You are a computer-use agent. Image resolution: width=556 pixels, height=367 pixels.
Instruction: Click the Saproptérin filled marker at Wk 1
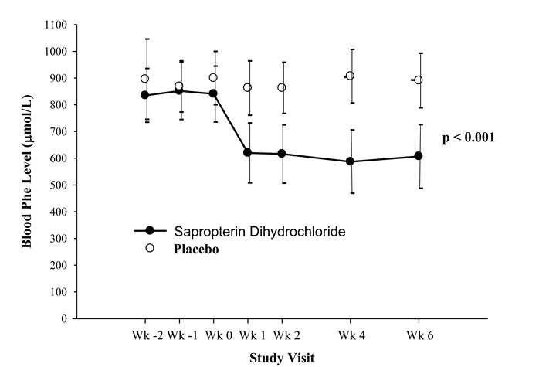pyautogui.click(x=248, y=152)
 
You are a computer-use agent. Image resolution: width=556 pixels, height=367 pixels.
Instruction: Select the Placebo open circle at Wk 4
pyautogui.click(x=350, y=76)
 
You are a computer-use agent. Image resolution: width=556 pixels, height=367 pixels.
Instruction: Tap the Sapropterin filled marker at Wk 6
pyautogui.click(x=419, y=156)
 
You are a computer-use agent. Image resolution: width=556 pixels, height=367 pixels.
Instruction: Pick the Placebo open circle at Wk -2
pyautogui.click(x=145, y=79)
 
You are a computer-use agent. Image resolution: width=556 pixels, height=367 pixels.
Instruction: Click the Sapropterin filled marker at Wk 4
pyautogui.click(x=350, y=161)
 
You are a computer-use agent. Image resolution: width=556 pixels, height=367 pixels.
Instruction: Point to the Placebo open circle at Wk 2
pyautogui.click(x=282, y=87)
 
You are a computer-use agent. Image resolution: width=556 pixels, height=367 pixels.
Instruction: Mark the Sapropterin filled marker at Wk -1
pyautogui.click(x=179, y=90)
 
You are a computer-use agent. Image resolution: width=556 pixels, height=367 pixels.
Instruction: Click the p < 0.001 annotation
pyautogui.click(x=468, y=138)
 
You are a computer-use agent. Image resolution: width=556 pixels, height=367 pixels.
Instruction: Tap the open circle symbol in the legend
pyautogui.click(x=151, y=248)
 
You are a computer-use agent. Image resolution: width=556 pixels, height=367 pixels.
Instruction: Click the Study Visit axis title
pyautogui.click(x=281, y=358)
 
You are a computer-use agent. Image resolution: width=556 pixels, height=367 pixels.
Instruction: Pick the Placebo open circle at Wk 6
pyautogui.click(x=419, y=80)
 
